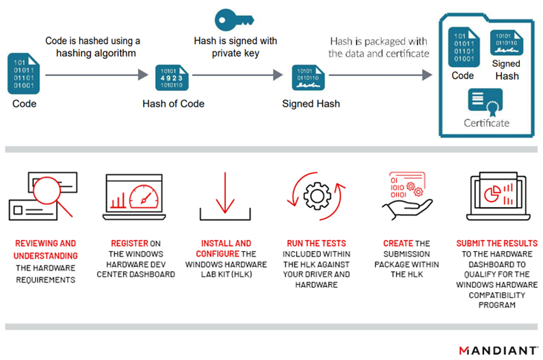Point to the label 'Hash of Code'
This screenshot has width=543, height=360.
coord(174,104)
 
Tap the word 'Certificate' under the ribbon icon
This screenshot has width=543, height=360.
coord(486,123)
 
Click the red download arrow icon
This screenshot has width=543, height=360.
coord(225,195)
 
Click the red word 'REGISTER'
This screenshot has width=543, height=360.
coord(129,244)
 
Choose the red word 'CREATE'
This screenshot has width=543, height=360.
coord(398,244)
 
